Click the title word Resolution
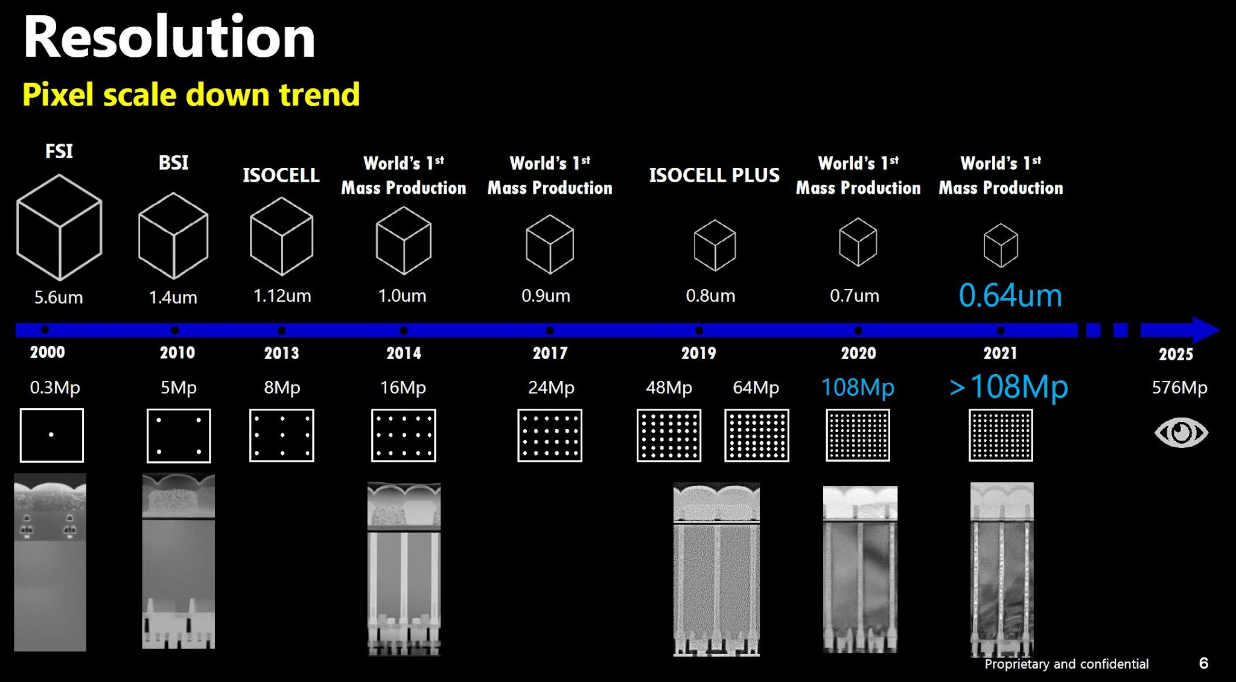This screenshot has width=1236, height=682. coord(170,37)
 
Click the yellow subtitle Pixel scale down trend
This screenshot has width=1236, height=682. coord(191,95)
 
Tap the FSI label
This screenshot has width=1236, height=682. coord(59,151)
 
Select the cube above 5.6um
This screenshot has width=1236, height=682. coord(59,228)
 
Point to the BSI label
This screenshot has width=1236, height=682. coord(173,163)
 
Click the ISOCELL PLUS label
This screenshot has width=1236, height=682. coord(714,175)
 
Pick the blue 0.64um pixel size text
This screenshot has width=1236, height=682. coord(1010,295)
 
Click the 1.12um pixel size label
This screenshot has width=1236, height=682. coord(282,296)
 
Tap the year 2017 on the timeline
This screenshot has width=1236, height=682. coord(550,353)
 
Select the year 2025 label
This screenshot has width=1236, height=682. coord(1176,354)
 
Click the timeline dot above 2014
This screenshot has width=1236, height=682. coord(404,330)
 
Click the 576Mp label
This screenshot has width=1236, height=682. coord(1179,387)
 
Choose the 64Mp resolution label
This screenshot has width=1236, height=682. coord(756,387)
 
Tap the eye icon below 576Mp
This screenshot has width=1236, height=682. coord(1181,433)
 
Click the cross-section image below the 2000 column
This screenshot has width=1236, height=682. coord(50,562)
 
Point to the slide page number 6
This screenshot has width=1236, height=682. coord(1203,663)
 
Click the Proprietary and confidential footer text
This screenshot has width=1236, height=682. coord(1066,664)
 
